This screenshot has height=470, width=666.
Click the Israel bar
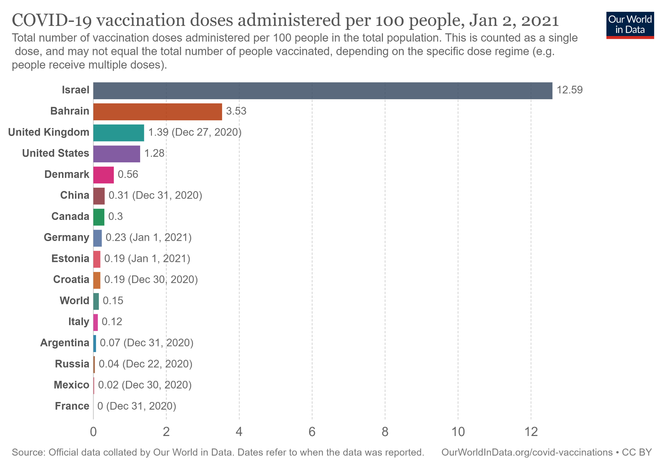(323, 91)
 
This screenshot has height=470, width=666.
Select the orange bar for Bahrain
(157, 112)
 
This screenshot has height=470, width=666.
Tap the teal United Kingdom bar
(119, 133)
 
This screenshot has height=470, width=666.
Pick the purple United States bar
(117, 154)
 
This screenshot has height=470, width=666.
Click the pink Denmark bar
(103, 175)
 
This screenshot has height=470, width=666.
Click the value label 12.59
(570, 90)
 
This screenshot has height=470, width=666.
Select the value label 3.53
(236, 111)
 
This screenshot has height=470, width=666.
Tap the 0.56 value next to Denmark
(128, 174)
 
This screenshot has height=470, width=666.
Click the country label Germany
(67, 238)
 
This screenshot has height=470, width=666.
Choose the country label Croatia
(71, 280)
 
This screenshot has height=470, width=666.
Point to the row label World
(74, 301)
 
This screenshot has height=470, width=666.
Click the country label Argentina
(65, 343)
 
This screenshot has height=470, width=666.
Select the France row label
(72, 406)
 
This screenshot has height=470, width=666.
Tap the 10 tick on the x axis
(458, 432)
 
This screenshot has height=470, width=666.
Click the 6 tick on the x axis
(312, 432)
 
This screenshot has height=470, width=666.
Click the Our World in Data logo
(630, 25)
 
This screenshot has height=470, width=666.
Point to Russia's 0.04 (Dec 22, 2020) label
(145, 364)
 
